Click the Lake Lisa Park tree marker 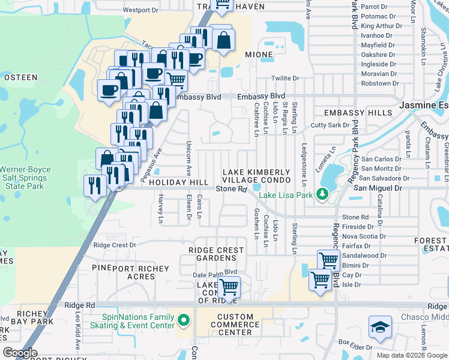[322, 194]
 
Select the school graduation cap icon [379, 328]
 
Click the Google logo [20, 352]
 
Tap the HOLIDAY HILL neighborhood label [178, 182]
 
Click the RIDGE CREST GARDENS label [216, 254]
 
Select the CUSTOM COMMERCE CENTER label [235, 324]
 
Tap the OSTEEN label [22, 77]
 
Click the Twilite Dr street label [285, 79]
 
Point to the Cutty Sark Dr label [330, 125]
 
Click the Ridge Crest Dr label [115, 245]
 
